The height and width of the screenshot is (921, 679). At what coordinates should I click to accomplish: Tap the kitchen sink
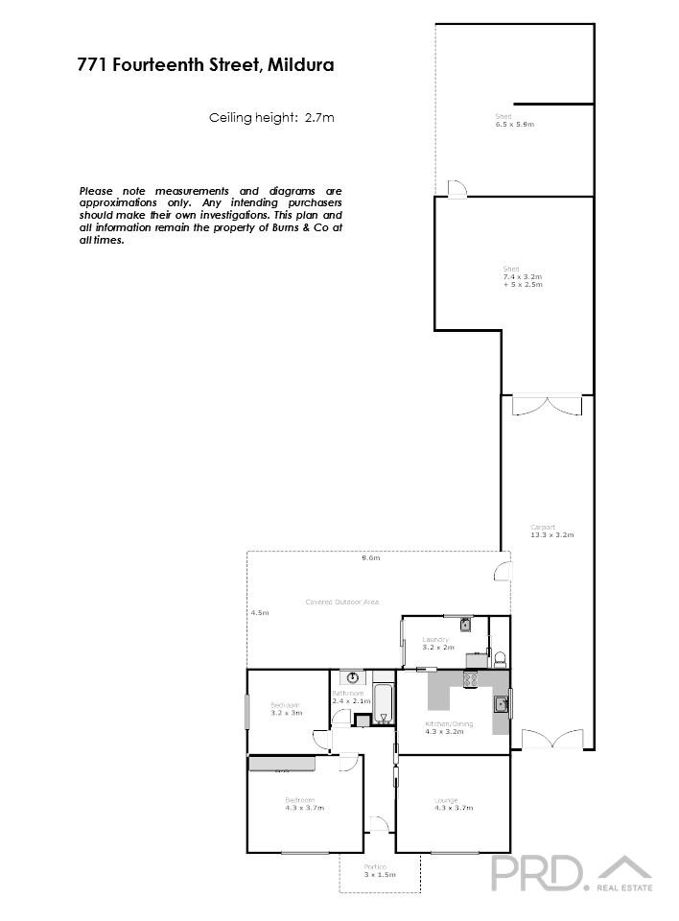tap(501, 704)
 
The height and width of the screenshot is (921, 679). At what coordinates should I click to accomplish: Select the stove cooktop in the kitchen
tap(471, 680)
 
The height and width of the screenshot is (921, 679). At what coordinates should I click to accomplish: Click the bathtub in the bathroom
tap(382, 703)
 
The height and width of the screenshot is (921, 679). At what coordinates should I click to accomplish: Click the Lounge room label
tap(446, 800)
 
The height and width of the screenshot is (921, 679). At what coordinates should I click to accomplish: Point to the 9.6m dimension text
tap(370, 557)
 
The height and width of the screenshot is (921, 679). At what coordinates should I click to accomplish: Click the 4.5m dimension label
tap(259, 612)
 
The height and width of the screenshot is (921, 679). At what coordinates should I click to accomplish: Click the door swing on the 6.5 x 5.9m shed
tap(458, 188)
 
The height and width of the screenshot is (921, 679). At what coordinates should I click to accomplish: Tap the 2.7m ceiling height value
tap(319, 118)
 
